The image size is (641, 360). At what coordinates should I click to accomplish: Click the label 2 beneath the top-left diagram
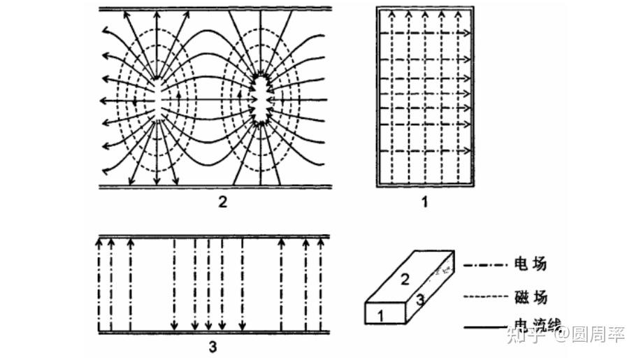[x=222, y=203]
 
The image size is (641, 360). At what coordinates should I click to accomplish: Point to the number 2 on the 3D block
[x=405, y=280]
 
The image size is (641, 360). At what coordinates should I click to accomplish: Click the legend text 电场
[x=530, y=264]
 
